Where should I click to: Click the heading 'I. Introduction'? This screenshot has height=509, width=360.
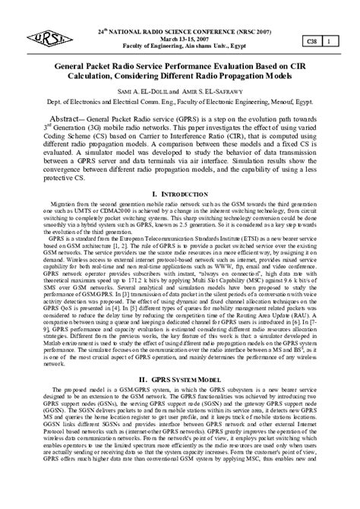(x=179, y=194)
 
